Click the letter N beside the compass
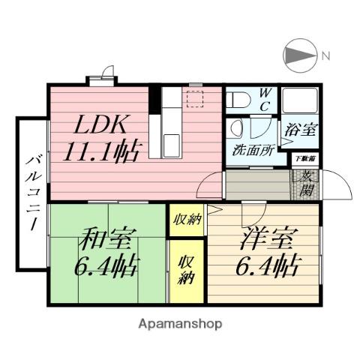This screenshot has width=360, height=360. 326,55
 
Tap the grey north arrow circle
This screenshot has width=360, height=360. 298,55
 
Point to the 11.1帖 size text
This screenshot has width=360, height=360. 100,153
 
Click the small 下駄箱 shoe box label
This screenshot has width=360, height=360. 304,158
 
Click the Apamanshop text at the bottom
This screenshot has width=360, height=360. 180,324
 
